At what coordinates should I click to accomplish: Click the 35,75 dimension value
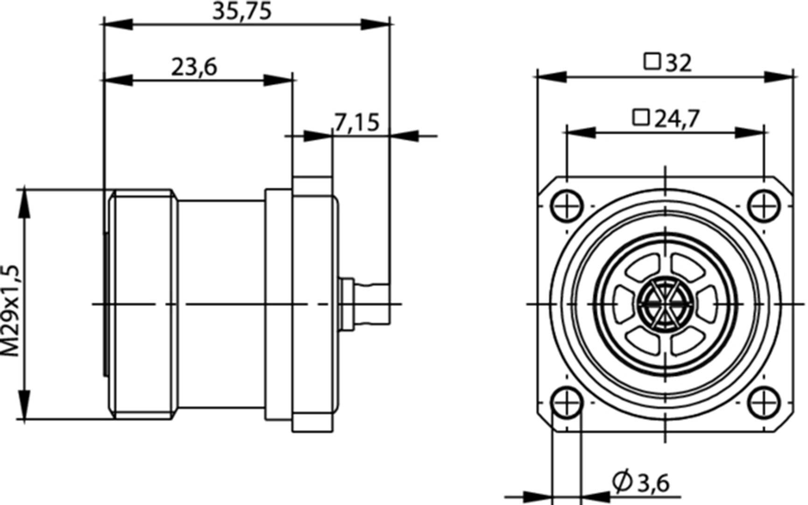241,11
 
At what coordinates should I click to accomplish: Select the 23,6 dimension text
194,67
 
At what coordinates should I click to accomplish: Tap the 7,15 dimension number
356,123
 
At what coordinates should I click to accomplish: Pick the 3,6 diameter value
653,484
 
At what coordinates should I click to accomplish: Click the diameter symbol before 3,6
622,483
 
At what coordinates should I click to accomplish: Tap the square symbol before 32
652,62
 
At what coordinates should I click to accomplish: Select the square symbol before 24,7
641,118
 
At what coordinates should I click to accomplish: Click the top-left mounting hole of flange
567,206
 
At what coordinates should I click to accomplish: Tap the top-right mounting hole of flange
764,206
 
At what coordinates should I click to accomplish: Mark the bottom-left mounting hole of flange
567,402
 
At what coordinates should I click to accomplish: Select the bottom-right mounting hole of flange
764,402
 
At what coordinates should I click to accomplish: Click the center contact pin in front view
665,304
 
